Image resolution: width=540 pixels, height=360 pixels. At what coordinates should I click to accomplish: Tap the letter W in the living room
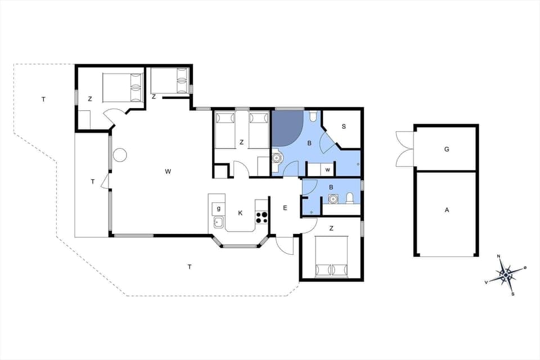168,172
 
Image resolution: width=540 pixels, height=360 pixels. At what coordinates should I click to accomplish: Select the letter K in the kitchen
240,213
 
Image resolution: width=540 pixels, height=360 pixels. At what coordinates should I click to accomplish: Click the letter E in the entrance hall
285,208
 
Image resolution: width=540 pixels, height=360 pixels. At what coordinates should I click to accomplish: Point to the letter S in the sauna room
343,126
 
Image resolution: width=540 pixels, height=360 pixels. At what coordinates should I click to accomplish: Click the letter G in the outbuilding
447,149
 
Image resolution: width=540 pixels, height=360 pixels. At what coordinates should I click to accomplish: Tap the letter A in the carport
447,210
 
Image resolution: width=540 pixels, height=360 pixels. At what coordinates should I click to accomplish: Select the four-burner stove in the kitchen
261,215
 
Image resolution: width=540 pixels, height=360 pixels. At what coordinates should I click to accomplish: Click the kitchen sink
219,223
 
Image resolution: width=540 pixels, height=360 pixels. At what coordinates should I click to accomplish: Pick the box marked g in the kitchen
218,209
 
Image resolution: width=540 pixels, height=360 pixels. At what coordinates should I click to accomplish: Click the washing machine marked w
327,169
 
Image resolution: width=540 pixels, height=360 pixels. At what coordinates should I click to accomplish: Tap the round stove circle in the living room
120,155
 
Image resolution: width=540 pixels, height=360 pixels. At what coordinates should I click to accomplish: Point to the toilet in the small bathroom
350,198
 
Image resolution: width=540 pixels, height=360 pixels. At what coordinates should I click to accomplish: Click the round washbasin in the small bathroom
333,199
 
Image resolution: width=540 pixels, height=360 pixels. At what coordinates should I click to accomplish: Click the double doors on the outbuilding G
405,149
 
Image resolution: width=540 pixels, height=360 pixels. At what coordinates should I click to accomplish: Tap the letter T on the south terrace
190,267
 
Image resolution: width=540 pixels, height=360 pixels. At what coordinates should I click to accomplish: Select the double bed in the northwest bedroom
122,87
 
